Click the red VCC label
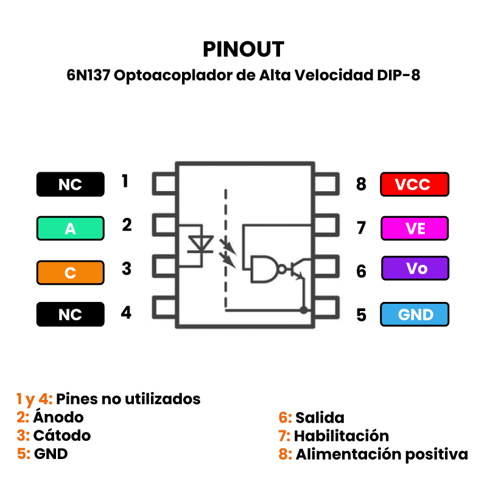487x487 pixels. click(414, 184)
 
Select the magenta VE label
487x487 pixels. click(414, 228)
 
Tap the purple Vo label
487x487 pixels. click(415, 268)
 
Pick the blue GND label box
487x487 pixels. click(415, 314)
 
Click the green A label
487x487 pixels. click(70, 229)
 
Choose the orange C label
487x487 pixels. click(70, 273)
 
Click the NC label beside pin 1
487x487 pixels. click(70, 184)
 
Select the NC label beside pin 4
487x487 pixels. click(70, 314)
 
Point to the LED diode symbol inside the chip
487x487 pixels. click(199, 245)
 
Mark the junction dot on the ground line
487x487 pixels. click(304, 310)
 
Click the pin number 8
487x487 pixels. click(361, 184)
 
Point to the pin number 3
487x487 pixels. click(126, 268)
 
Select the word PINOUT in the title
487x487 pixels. click(243, 49)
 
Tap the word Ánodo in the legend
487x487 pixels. click(58, 418)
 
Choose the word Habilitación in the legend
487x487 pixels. click(341, 436)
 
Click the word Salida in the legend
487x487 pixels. click(320, 418)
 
